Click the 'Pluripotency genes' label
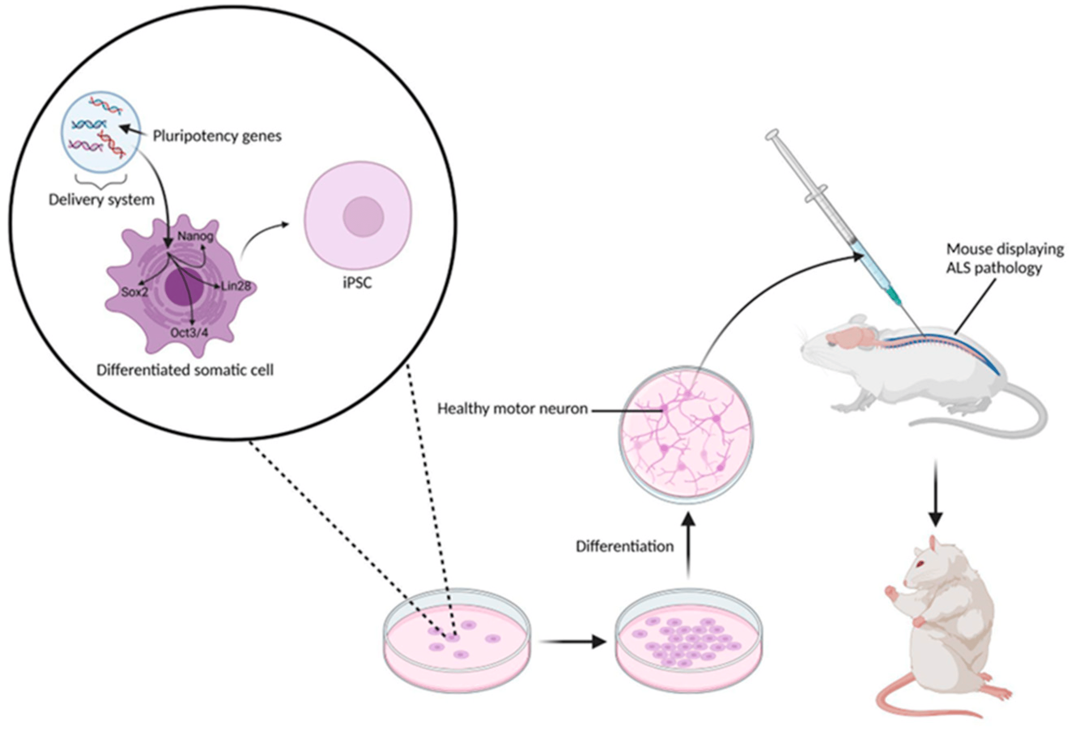click(217, 137)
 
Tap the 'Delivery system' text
click(101, 200)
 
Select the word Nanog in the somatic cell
click(195, 237)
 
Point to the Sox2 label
click(134, 292)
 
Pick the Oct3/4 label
click(190, 333)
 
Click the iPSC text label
click(357, 282)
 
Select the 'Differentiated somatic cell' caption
click(185, 370)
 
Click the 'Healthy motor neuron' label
click(512, 409)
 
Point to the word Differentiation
click(625, 547)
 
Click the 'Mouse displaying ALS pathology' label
click(1005, 259)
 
